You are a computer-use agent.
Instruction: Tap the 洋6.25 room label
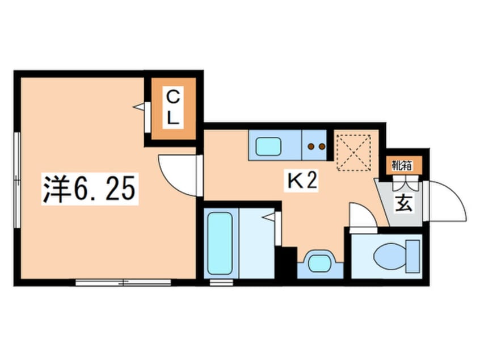tap(90, 189)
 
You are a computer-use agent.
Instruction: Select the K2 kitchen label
tap(301, 181)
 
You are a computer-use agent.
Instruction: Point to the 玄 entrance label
tap(403, 204)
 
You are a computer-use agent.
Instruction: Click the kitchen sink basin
tap(268, 146)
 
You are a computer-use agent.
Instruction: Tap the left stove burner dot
tap(311, 146)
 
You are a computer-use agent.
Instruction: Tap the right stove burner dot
tap(322, 146)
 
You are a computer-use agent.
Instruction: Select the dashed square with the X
tap(353, 153)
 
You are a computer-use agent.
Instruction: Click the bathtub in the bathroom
tap(220, 243)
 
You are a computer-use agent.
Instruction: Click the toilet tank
tap(412, 256)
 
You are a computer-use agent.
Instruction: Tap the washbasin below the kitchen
tap(320, 263)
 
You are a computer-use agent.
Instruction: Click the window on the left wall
tap(17, 179)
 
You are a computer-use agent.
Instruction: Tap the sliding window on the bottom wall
tap(123, 282)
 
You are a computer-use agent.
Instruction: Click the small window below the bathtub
tap(221, 282)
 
